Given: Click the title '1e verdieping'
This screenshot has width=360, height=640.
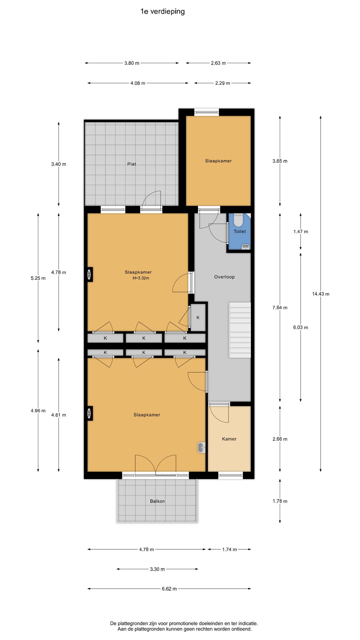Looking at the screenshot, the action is click(162, 12).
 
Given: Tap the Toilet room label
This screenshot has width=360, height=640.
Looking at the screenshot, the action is click(240, 232).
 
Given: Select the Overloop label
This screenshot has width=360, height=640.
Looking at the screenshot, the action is click(224, 277).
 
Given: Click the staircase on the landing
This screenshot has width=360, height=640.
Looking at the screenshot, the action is click(240, 330).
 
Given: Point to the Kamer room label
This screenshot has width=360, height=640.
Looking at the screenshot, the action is click(229, 439).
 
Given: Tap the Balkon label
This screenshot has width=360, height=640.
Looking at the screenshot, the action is click(157, 501).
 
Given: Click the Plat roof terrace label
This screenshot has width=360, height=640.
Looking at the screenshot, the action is click(132, 164).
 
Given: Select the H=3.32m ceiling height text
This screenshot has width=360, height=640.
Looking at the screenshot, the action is click(141, 278).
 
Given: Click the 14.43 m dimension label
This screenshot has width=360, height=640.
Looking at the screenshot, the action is click(321, 294).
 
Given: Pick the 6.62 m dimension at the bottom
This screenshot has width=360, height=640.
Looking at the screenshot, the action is click(169, 589).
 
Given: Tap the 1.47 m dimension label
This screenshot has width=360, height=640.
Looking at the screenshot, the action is click(301, 232).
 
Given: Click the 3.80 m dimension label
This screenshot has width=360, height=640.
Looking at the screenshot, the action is click(132, 63).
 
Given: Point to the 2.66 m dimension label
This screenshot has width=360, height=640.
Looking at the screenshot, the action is click(280, 439).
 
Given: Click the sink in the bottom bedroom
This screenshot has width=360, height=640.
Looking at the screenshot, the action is click(202, 447).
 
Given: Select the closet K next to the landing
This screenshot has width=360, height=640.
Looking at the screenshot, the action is click(198, 317).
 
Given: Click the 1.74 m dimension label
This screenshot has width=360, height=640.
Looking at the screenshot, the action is click(229, 549).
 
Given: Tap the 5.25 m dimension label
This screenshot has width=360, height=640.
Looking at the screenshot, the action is click(38, 278).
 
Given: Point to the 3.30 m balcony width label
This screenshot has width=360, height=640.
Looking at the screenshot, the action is click(157, 569).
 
